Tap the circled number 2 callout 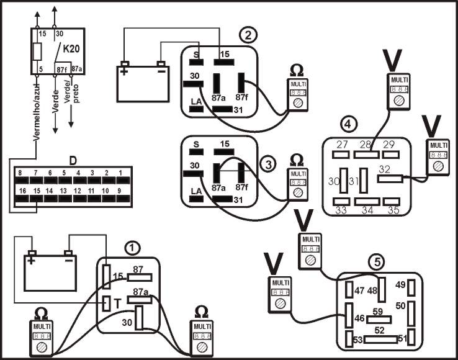tap(249, 35)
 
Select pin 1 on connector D tap(120, 173)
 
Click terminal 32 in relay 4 tap(385, 168)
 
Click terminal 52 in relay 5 tap(379, 330)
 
